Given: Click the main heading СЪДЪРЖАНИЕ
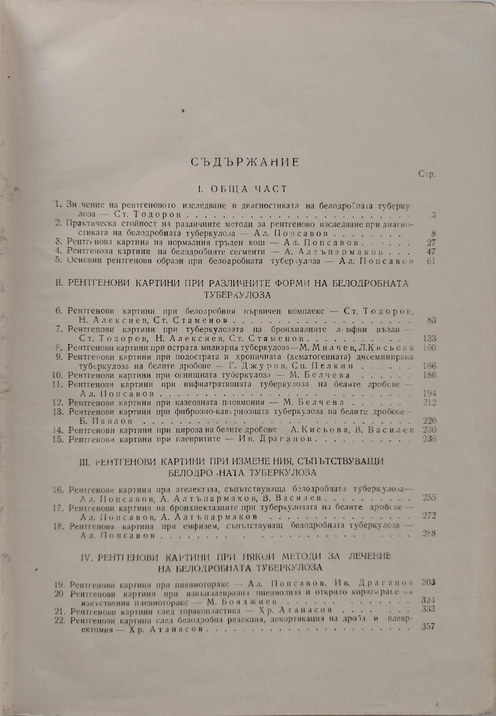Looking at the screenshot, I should (245, 162).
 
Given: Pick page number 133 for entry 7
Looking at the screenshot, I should (429, 338).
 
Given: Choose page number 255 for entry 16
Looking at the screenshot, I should (429, 498).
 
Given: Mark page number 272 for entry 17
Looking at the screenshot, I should (429, 516).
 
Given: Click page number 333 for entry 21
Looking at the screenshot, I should (428, 609).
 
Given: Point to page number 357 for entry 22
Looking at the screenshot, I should (428, 626).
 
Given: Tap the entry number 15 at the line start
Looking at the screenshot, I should (60, 439).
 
